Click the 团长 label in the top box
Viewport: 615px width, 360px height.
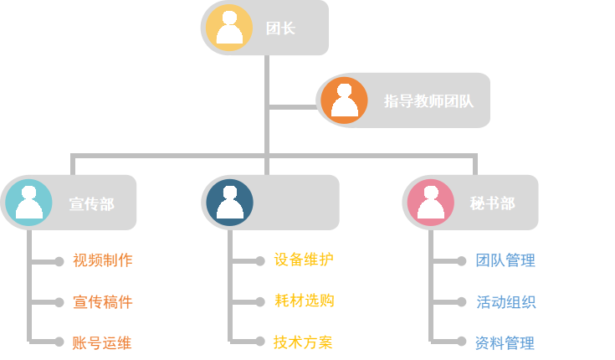click(x=280, y=28)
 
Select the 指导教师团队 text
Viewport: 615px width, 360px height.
click(x=428, y=101)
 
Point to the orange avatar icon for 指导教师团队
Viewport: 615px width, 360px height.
click(x=344, y=100)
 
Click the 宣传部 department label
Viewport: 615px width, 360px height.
click(x=91, y=203)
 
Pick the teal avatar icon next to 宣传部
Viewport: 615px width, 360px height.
click(x=28, y=203)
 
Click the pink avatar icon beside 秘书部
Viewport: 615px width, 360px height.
click(x=430, y=203)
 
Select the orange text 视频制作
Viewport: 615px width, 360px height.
click(x=102, y=260)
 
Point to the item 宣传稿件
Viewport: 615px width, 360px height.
click(x=102, y=301)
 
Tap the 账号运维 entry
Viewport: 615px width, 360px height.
click(x=102, y=342)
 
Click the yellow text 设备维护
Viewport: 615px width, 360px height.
click(x=303, y=260)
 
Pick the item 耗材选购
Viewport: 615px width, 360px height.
click(x=303, y=301)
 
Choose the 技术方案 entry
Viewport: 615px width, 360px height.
click(x=303, y=342)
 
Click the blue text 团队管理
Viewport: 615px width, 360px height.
click(x=505, y=260)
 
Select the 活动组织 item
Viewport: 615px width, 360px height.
click(x=505, y=301)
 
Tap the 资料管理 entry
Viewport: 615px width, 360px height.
click(x=505, y=342)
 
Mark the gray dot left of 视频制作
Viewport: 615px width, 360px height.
click(x=59, y=261)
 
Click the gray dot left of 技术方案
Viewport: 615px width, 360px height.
click(x=260, y=342)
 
